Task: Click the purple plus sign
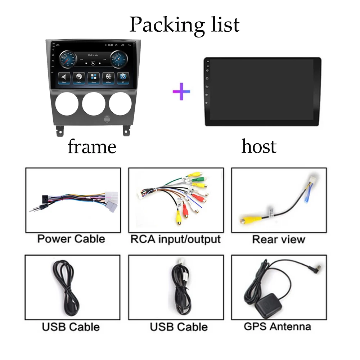tap(181, 91)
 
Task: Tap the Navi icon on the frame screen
tap(64, 77)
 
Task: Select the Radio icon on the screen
tap(78, 77)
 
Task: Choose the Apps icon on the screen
tap(94, 77)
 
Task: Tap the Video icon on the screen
tap(108, 77)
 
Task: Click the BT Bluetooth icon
tap(123, 77)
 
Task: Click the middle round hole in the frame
tap(94, 104)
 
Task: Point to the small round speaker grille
tap(107, 119)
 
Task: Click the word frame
tap(92, 147)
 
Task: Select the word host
tap(259, 147)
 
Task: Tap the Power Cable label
tap(71, 239)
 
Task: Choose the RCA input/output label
tap(175, 239)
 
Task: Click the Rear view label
tap(278, 239)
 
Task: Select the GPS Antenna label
tap(277, 327)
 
